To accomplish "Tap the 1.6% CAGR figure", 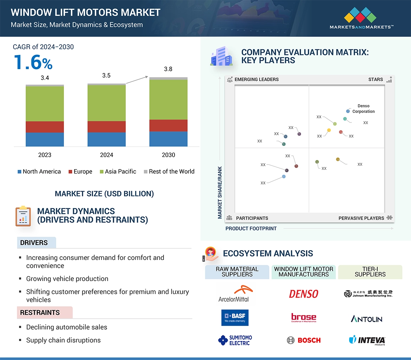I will click(33, 62).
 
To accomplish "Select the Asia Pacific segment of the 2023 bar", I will click(45, 104).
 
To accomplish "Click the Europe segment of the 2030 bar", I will click(168, 125).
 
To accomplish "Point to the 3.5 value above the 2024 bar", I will click(106, 75).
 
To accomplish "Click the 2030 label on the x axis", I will click(168, 155).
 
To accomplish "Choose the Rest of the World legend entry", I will click(169, 172).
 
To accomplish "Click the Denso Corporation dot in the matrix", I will click(348, 111).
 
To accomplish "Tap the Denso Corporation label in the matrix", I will click(364, 108).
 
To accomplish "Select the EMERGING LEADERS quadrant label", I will click(256, 79).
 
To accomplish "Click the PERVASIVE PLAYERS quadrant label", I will click(361, 218).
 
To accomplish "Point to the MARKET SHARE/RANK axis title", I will click(220, 192).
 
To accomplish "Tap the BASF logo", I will click(235, 318).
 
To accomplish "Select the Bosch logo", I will click(304, 340).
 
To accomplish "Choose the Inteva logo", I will click(367, 340).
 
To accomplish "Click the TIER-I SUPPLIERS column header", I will click(370, 272).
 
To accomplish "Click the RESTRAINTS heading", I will click(40, 313).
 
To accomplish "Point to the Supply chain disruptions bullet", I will click(63, 340).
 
